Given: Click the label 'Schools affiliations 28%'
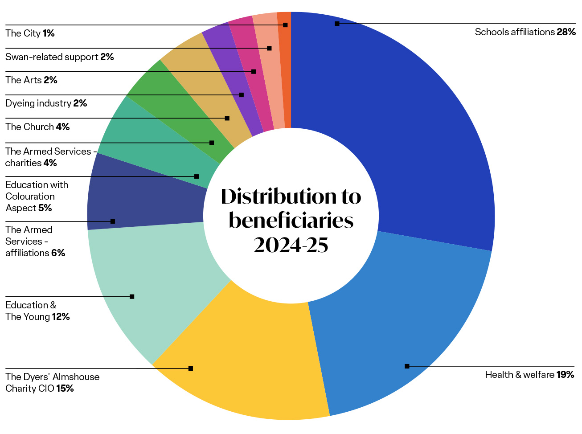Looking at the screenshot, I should (x=525, y=32).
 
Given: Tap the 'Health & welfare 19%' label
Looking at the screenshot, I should (x=529, y=375).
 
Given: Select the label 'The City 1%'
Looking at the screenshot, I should (x=30, y=33).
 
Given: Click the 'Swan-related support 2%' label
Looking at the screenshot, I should (x=60, y=57).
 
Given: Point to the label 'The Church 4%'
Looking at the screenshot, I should (x=37, y=127).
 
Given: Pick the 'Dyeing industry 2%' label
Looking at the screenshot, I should (x=46, y=103).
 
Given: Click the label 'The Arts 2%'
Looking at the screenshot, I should (x=31, y=80).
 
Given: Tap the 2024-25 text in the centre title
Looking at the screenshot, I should (x=291, y=245).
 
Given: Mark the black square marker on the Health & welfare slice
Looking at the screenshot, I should (x=407, y=366).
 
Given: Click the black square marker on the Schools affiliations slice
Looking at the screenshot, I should (x=337, y=23).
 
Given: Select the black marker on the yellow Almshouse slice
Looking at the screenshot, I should (x=191, y=368).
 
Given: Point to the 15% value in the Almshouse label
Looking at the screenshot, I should (x=65, y=389).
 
